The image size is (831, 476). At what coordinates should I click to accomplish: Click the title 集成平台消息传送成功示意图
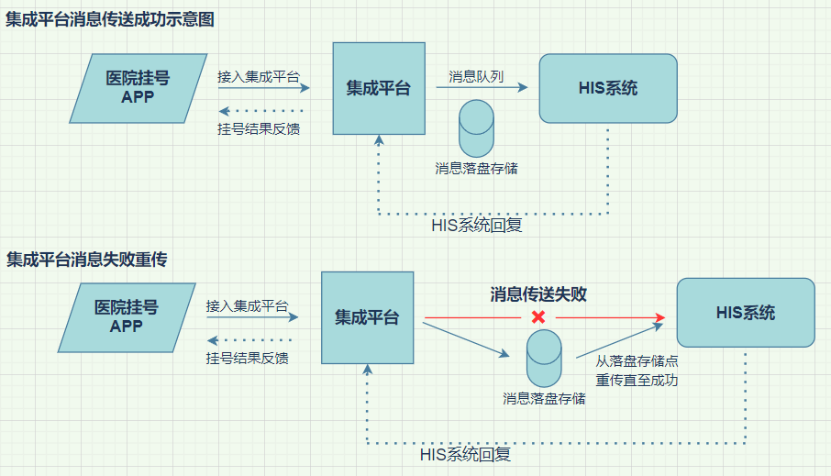[110, 20]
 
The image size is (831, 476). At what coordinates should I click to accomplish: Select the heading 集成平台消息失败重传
[87, 260]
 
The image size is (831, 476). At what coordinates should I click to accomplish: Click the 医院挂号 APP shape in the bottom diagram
[127, 316]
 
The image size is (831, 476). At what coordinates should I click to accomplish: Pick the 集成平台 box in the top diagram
[379, 88]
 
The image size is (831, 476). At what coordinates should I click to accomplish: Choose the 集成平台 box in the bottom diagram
[367, 317]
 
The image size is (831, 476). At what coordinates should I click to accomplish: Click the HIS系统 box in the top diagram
[608, 88]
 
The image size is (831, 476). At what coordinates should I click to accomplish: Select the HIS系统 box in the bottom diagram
[745, 313]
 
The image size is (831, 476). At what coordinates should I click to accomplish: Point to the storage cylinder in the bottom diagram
[544, 358]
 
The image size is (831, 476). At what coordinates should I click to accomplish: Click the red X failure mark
[538, 317]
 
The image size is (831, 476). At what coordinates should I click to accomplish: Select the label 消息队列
[476, 76]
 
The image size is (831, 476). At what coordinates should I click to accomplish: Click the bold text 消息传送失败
[538, 294]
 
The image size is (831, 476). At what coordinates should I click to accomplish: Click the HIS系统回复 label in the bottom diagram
[465, 454]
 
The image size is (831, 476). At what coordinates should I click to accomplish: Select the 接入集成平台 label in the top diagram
[259, 76]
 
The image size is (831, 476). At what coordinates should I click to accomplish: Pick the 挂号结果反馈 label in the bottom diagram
[248, 358]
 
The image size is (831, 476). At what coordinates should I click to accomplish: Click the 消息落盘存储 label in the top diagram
[476, 169]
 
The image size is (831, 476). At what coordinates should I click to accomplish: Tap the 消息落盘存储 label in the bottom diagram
[544, 399]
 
